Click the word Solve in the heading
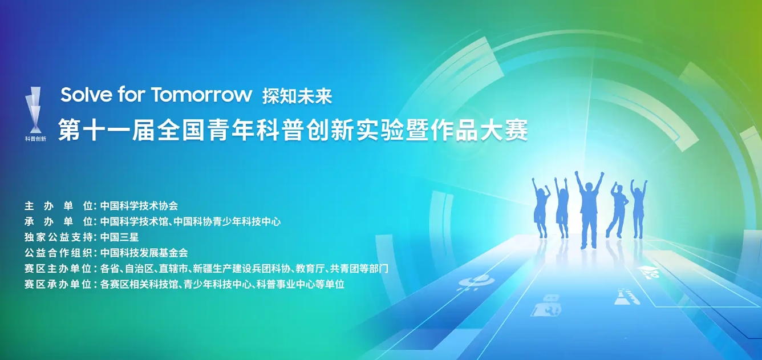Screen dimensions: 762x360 [86, 95]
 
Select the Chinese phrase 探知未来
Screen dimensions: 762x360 [297, 96]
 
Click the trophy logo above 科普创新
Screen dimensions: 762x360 [35, 109]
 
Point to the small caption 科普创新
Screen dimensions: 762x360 [35, 139]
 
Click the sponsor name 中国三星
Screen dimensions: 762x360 [119, 237]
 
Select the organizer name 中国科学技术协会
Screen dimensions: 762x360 [139, 206]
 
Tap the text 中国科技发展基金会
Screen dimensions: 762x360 [144, 253]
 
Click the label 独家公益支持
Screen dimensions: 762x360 [58, 237]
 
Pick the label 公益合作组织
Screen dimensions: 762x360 [58, 253]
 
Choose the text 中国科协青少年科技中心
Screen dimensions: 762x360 [227, 221]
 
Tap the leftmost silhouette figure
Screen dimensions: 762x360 [541, 208]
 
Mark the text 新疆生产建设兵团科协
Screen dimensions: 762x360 [241, 269]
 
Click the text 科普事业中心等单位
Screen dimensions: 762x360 [301, 284]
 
